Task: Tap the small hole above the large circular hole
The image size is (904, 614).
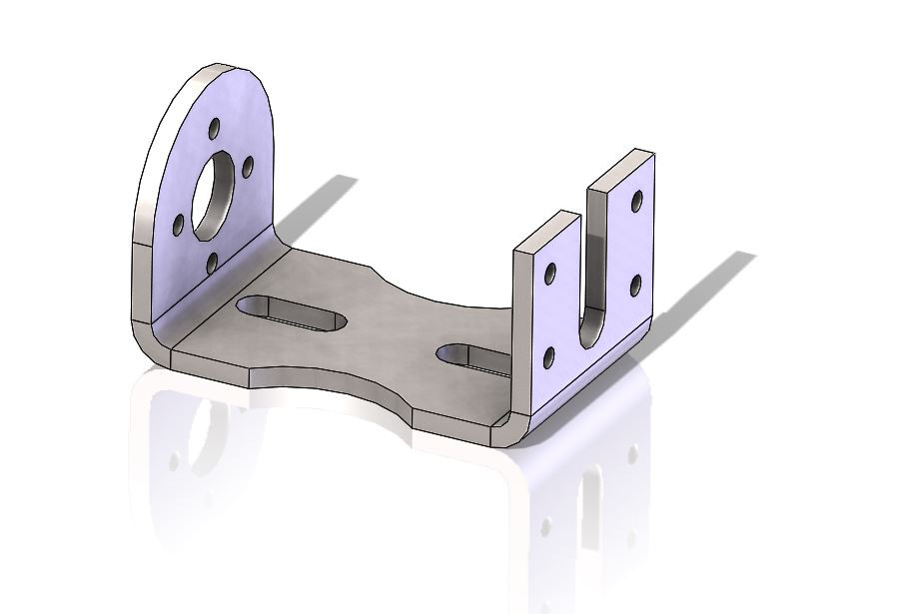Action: point(214,130)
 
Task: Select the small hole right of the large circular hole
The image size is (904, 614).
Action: point(249,167)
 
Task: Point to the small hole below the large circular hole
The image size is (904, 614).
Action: point(213,263)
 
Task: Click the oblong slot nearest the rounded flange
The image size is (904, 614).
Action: point(291,311)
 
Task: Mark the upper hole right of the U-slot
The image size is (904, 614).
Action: point(635,202)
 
